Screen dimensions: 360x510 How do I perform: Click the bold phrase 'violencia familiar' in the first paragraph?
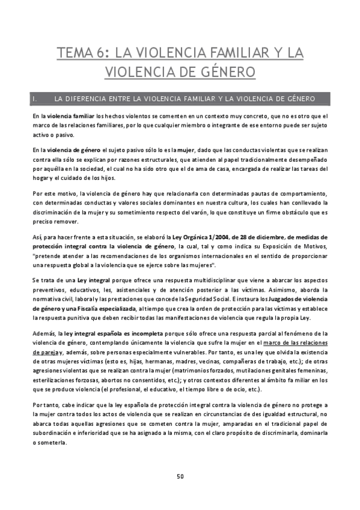70,115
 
